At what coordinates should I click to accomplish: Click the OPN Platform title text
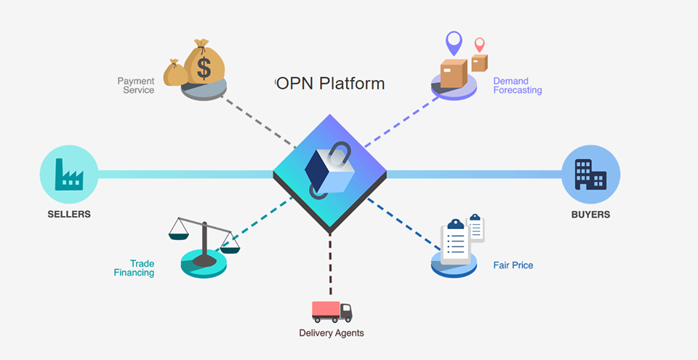329,84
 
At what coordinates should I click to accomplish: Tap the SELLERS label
69,215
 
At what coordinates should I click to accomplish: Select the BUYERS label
590,215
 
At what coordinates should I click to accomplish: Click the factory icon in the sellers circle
69,175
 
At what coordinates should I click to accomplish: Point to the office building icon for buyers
590,175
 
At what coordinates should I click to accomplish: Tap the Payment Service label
136,86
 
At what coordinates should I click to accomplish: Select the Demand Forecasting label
517,86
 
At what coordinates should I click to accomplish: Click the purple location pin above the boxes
454,41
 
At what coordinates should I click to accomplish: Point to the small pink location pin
479,44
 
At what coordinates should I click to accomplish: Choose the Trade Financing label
134,268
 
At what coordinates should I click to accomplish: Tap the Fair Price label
513,265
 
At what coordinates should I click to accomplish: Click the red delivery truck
332,311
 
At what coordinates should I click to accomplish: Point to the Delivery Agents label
332,333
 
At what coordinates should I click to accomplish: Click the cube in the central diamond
329,172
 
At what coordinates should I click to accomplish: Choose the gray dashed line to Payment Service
258,121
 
